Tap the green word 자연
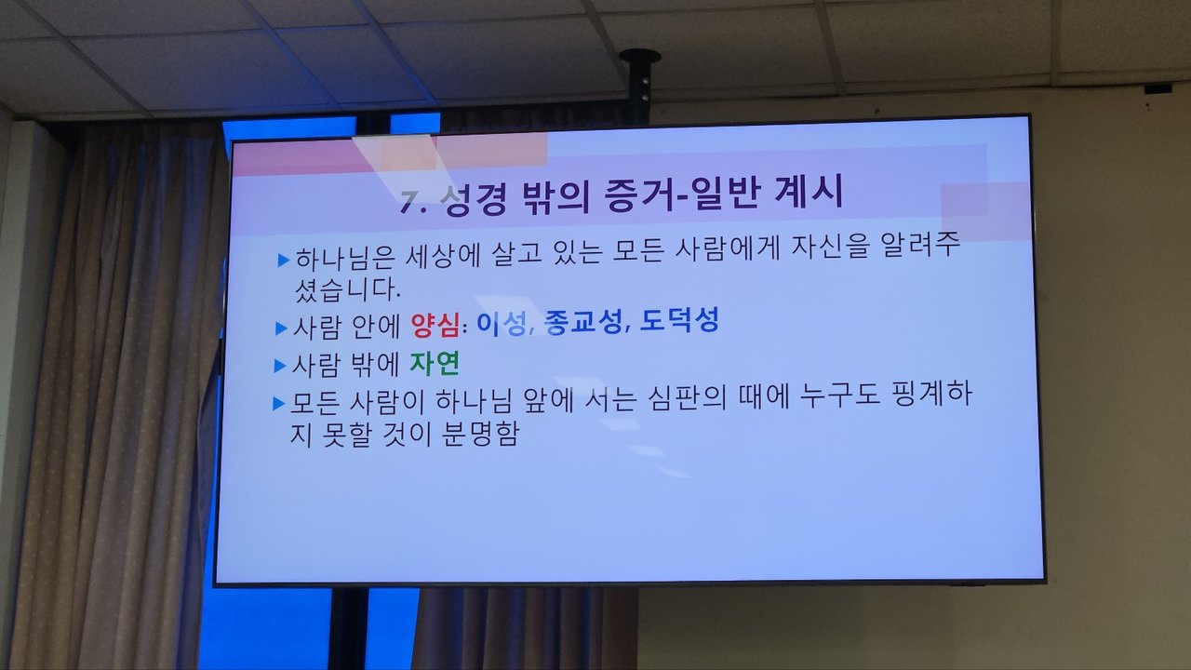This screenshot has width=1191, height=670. pyautogui.click(x=435, y=364)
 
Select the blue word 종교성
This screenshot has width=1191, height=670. pyautogui.click(x=582, y=322)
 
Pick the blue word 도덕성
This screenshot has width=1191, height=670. pyautogui.click(x=679, y=320)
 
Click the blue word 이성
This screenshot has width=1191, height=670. pyautogui.click(x=502, y=323)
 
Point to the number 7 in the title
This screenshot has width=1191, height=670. pyautogui.click(x=408, y=201)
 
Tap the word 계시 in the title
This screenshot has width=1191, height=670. pyautogui.click(x=809, y=192)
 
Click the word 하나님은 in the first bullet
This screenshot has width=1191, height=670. pyautogui.click(x=345, y=258)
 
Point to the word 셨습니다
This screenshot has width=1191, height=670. pyautogui.click(x=348, y=289)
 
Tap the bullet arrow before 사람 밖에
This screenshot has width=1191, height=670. pyautogui.click(x=280, y=366)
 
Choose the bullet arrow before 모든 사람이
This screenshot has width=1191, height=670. pyautogui.click(x=278, y=404)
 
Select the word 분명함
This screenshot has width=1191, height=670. pyautogui.click(x=481, y=434)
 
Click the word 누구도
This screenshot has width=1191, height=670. pyautogui.click(x=839, y=395)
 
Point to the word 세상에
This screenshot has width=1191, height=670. pyautogui.click(x=443, y=255)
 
